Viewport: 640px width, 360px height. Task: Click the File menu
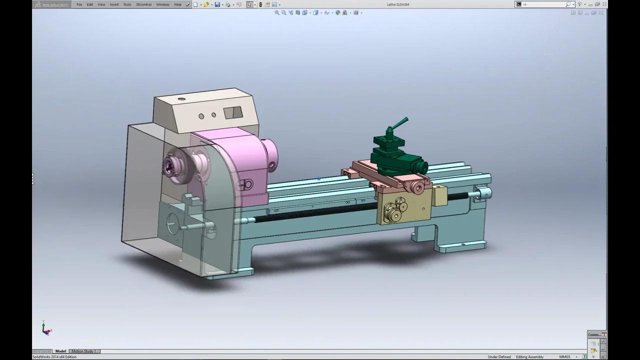tap(79, 4)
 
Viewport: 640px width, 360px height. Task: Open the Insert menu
tap(114, 4)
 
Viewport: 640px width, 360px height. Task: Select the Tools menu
tap(127, 4)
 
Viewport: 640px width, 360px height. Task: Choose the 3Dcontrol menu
tap(143, 4)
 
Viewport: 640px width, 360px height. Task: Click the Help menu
tap(177, 4)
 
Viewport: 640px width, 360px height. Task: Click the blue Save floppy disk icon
tap(217, 4)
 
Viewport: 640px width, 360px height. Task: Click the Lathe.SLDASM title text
tap(398, 4)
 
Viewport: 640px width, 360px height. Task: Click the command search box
tap(544, 4)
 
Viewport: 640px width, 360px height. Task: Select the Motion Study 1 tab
tap(83, 351)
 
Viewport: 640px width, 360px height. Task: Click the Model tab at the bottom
tap(60, 351)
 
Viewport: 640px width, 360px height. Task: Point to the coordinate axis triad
tap(45, 328)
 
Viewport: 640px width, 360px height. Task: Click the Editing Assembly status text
tap(529, 357)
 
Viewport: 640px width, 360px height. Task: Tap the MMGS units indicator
tap(564, 357)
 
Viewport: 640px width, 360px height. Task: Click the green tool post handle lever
tap(399, 122)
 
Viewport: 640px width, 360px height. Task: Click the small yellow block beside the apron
tap(439, 195)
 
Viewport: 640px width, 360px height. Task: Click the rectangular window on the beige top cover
tap(232, 112)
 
